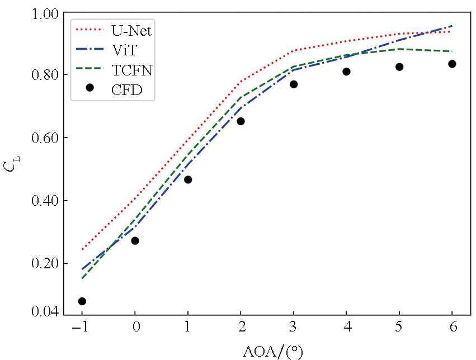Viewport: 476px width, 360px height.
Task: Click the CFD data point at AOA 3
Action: coord(294,84)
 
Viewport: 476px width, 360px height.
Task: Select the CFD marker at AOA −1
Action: coord(82,301)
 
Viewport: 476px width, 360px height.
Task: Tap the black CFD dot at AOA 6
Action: coord(452,64)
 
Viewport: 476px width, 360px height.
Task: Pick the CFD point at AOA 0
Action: coord(135,240)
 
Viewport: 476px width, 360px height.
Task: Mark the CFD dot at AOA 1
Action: coord(188,179)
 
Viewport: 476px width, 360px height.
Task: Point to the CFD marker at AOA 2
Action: coord(241,121)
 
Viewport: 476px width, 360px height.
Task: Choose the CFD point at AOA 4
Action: coord(346,72)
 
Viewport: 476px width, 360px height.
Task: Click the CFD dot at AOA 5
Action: coord(399,67)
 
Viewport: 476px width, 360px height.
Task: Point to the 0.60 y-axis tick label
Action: coord(44,138)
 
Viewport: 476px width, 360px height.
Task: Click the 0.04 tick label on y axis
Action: coord(44,311)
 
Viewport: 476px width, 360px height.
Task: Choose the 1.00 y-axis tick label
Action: coord(44,12)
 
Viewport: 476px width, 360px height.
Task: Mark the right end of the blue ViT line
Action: coord(452,26)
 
